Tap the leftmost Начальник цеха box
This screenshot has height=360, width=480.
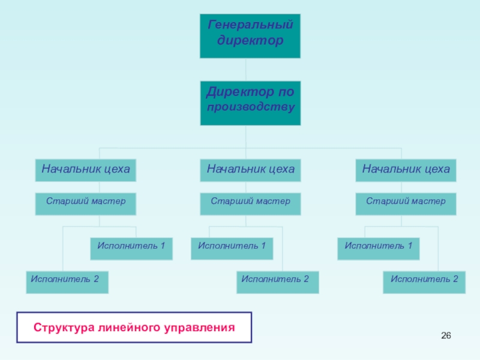tap(86, 170)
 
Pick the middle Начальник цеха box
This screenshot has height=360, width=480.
tap(250, 170)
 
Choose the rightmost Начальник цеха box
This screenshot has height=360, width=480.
tap(406, 170)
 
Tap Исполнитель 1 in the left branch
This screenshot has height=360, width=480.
tap(131, 248)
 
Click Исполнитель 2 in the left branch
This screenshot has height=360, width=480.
tap(67, 282)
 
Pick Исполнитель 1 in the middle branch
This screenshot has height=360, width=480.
tap(232, 248)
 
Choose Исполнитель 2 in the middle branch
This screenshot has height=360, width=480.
tap(278, 282)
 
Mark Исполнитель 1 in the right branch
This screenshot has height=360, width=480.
tap(378, 248)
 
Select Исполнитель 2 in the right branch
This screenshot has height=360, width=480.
tap(424, 282)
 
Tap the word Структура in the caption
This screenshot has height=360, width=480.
tap(61, 328)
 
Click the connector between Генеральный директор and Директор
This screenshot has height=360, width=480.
tap(245, 70)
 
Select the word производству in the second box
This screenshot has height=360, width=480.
tap(250, 109)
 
